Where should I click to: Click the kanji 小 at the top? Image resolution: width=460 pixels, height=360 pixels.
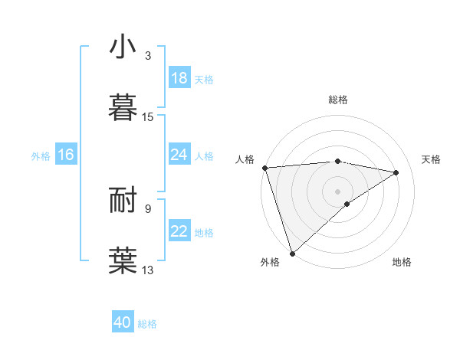click(123, 47)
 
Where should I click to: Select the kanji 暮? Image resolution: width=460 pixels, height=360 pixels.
click(123, 108)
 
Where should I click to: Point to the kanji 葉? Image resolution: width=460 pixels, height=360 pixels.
click(123, 260)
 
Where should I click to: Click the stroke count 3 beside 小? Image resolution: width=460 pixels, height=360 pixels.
click(147, 56)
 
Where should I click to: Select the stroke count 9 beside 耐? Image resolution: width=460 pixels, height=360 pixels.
click(147, 208)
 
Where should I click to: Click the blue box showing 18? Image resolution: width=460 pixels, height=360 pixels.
click(179, 78)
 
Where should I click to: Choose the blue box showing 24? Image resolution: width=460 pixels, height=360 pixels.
click(179, 155)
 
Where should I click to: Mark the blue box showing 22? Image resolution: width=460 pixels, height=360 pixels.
click(179, 231)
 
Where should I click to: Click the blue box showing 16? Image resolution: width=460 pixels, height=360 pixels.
click(65, 155)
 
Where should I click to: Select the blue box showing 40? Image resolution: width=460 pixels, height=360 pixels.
click(123, 322)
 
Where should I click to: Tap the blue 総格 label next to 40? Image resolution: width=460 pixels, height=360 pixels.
click(147, 324)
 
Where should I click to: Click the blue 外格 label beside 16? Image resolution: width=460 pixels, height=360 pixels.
click(41, 156)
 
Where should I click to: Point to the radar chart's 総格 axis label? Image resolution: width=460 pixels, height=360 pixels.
click(337, 100)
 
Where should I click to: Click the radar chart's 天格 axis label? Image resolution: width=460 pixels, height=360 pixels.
click(432, 159)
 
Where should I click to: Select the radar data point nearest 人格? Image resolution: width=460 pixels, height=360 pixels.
click(264, 168)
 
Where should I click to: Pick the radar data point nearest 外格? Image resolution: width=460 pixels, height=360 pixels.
click(293, 253)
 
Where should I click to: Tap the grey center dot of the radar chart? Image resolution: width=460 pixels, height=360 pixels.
click(337, 191)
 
